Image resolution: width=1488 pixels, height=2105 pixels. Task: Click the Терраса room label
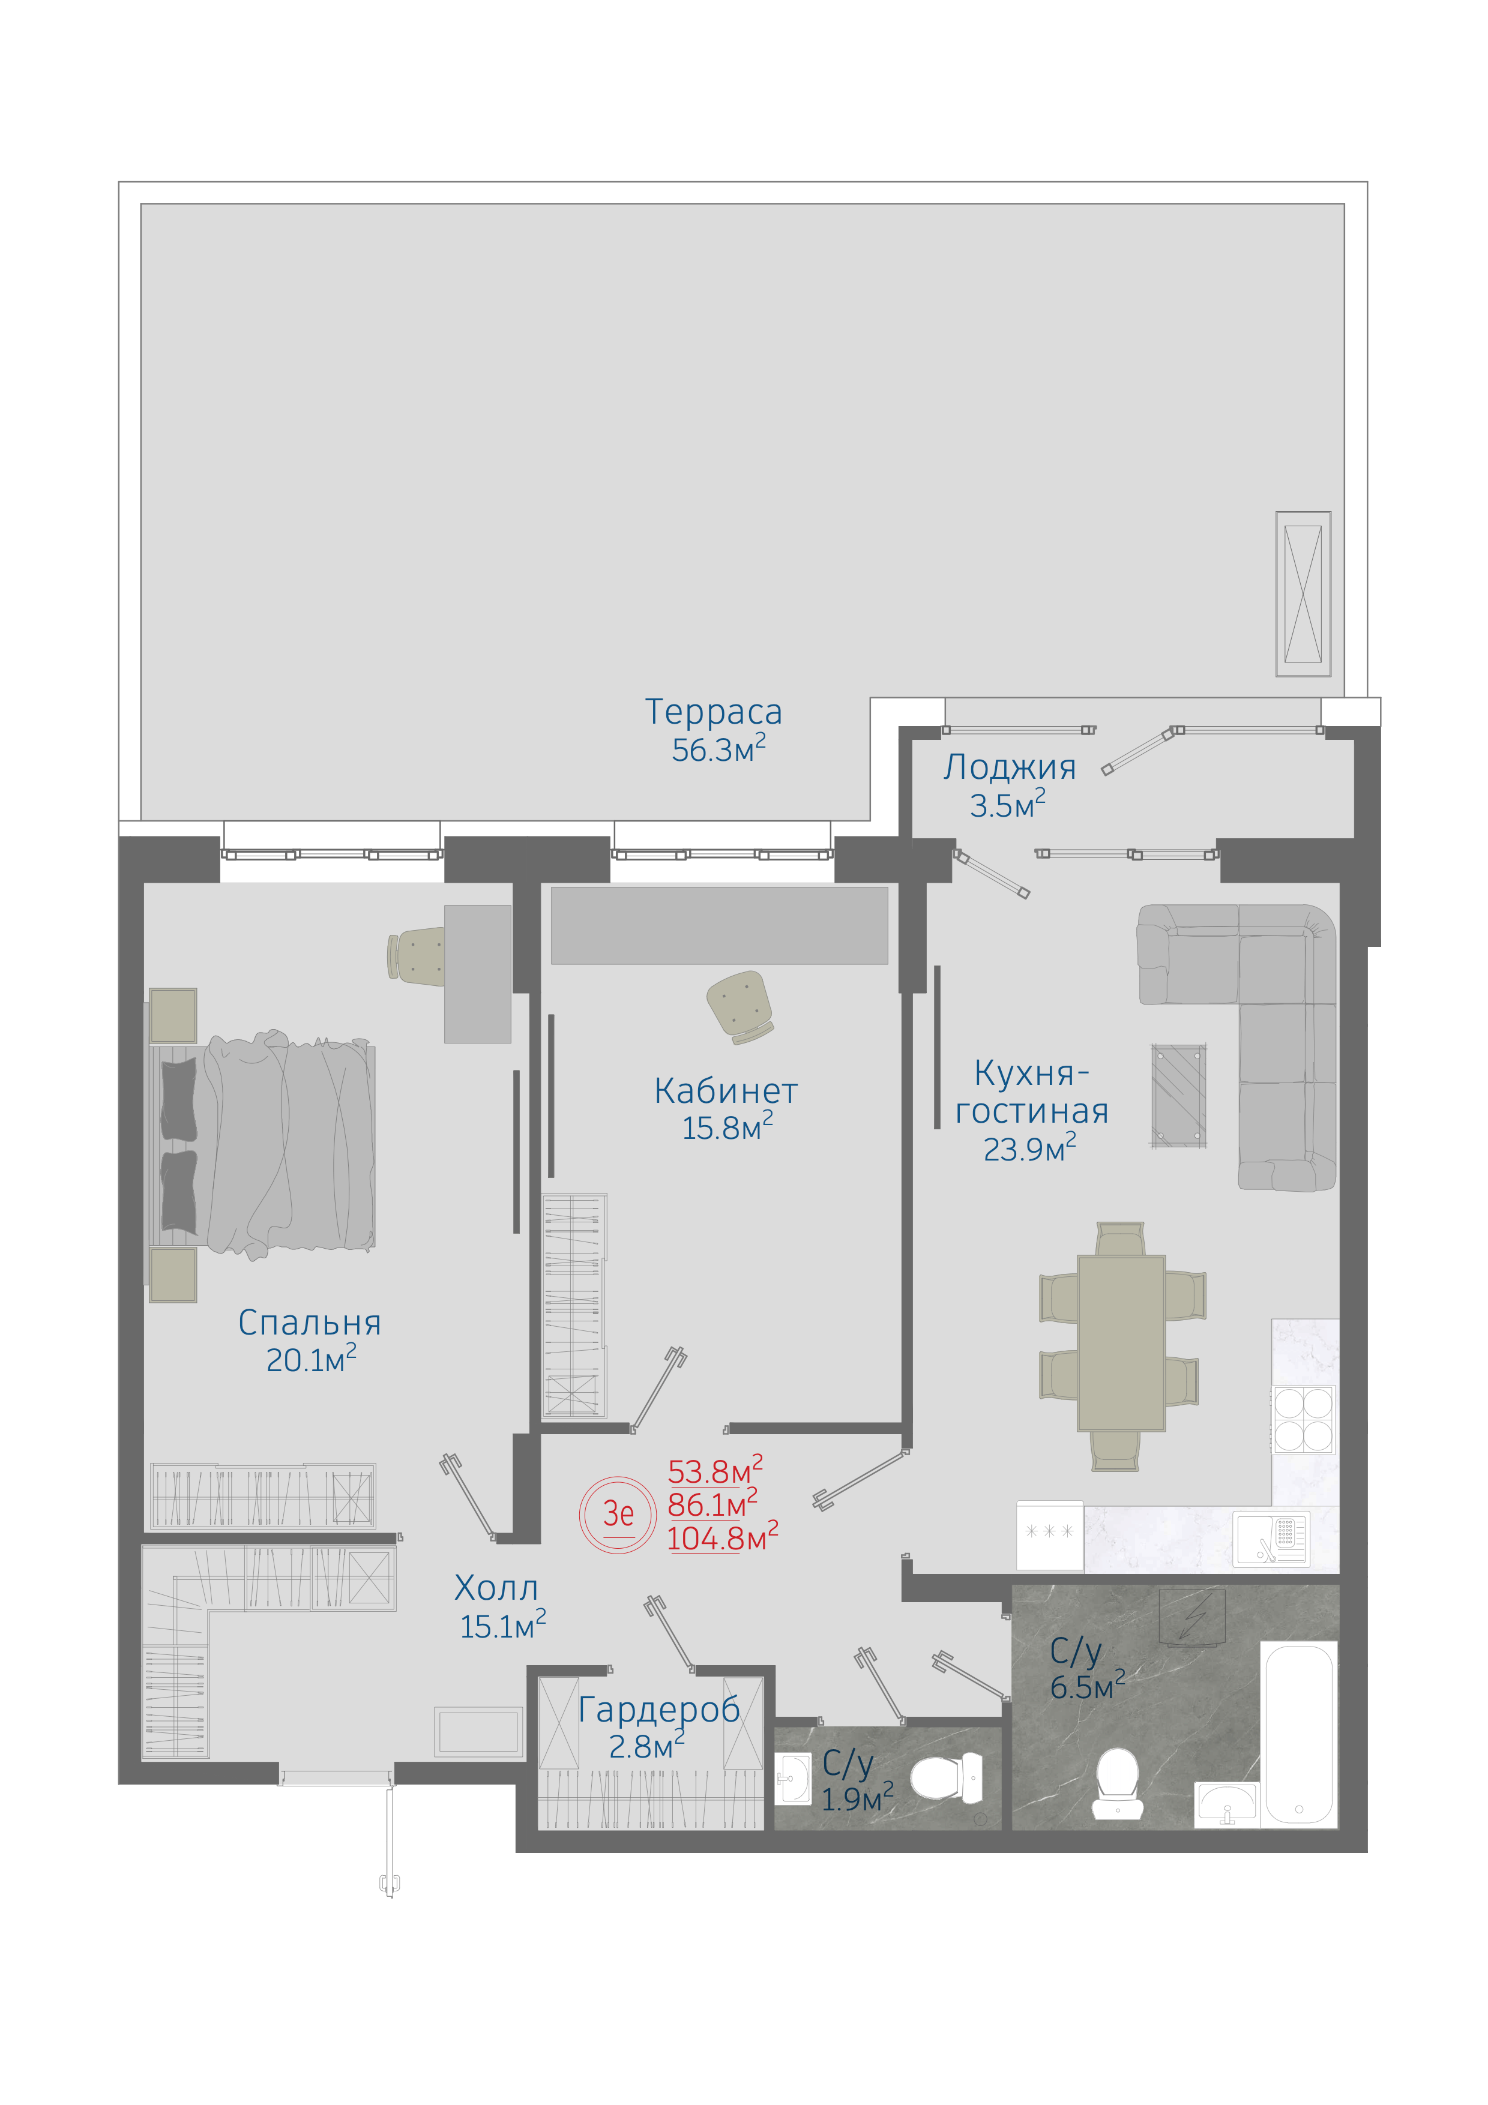[x=713, y=712]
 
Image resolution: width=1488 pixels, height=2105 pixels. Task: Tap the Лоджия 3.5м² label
[x=1010, y=785]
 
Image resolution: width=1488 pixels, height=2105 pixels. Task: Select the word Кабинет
[x=725, y=1091]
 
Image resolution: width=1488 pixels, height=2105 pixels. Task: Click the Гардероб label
[x=659, y=1710]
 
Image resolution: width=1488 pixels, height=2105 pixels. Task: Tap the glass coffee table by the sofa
[x=1179, y=1096]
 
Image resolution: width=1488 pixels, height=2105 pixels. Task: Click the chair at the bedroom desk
[x=416, y=955]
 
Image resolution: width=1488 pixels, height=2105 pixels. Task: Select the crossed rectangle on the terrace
[x=1303, y=594]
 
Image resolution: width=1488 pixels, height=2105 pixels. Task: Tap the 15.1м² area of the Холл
[x=504, y=1626]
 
